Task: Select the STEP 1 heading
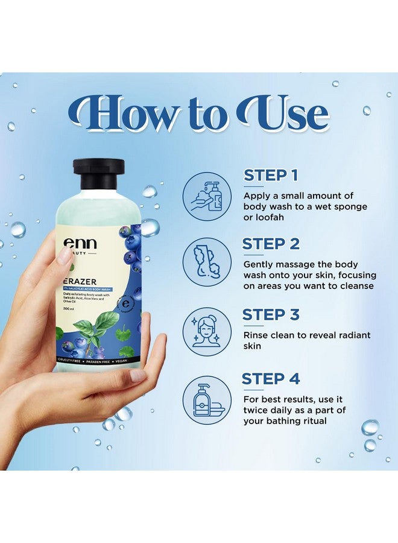pyautogui.click(x=271, y=176)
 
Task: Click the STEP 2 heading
pyautogui.click(x=271, y=244)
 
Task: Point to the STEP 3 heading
pyautogui.click(x=271, y=314)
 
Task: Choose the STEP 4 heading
pyautogui.click(x=271, y=379)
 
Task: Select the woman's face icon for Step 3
pyautogui.click(x=206, y=332)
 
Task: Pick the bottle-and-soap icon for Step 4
pyautogui.click(x=206, y=400)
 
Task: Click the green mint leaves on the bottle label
pyautogui.click(x=90, y=330)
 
